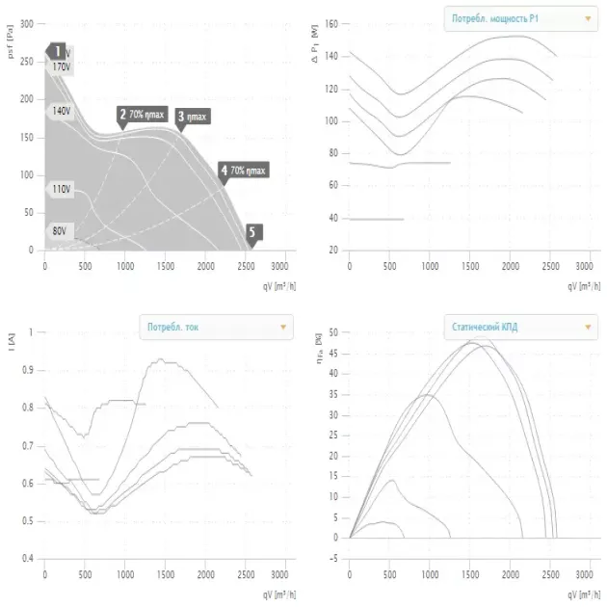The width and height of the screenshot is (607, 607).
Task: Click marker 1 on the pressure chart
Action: (x=58, y=51)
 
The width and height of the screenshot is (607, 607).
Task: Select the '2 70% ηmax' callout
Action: (x=143, y=115)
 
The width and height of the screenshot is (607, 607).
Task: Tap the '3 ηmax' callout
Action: (x=193, y=117)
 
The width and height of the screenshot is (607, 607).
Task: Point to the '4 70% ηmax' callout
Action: (x=243, y=171)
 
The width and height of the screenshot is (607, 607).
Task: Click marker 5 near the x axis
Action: (x=253, y=231)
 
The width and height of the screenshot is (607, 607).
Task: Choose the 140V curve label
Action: (x=61, y=112)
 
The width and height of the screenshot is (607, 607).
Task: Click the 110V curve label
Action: (x=60, y=189)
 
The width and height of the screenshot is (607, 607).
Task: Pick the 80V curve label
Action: (x=60, y=231)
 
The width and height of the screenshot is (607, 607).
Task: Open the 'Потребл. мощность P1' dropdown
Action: (x=519, y=17)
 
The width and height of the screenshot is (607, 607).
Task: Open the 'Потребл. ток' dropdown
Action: (x=215, y=328)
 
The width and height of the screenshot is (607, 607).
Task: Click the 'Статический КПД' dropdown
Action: (x=519, y=328)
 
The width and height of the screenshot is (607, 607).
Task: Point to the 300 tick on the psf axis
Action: (x=26, y=23)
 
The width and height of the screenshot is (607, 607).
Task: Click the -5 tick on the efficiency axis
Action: (x=330, y=558)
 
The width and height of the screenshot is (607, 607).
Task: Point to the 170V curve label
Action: (x=62, y=66)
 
